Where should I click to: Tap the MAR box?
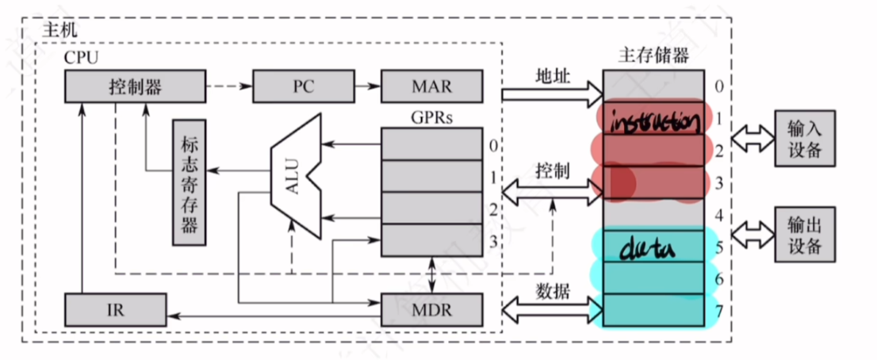point(431,86)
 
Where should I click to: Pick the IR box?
point(115,310)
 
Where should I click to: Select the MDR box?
point(431,310)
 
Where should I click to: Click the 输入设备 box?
point(805,138)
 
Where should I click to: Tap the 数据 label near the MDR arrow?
point(552,292)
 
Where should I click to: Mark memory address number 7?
point(718,310)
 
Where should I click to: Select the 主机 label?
point(60,29)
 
